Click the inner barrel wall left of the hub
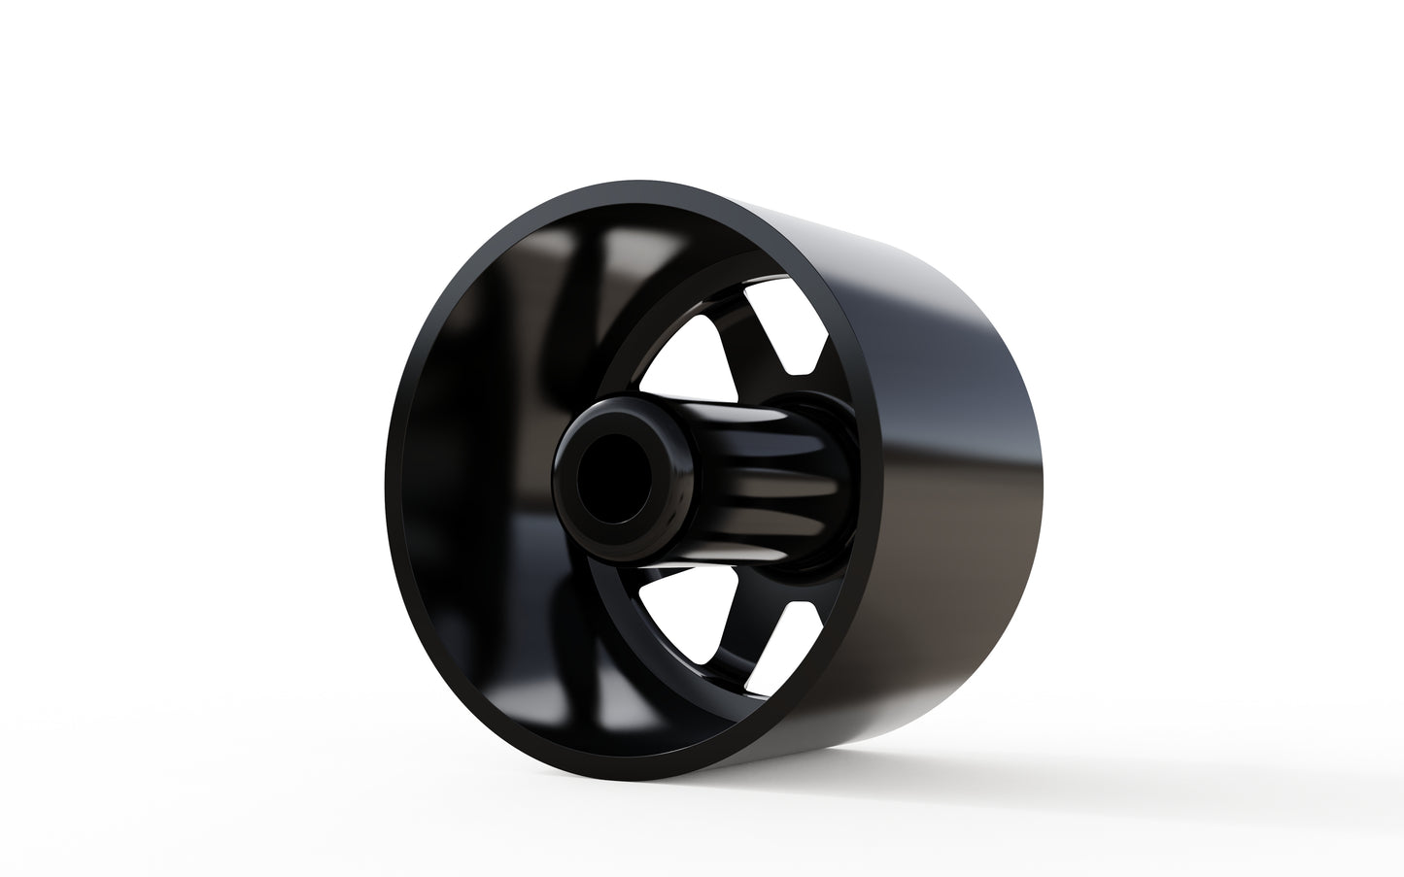[476, 466]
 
